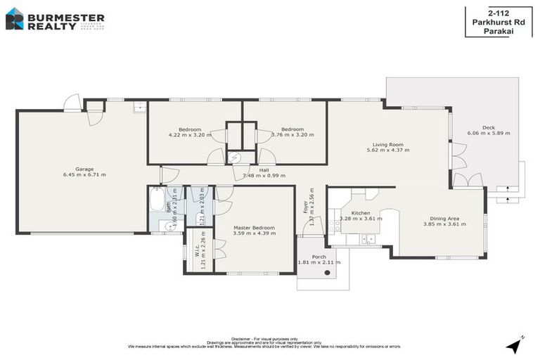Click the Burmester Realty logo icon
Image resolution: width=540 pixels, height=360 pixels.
click(x=14, y=19)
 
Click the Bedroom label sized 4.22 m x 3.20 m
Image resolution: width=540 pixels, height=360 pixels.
click(x=190, y=129)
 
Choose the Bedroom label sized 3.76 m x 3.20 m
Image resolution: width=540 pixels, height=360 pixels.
click(x=292, y=129)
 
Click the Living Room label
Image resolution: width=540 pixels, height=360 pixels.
click(x=387, y=145)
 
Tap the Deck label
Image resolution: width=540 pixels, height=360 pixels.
click(x=488, y=127)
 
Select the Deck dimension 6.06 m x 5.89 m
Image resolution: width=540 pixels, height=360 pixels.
click(x=488, y=133)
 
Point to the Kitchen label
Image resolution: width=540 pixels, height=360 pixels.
click(x=361, y=212)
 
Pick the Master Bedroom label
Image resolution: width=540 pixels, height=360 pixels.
click(x=255, y=228)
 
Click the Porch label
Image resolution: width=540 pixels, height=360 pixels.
click(x=319, y=257)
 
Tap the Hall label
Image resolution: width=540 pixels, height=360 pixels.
click(x=264, y=169)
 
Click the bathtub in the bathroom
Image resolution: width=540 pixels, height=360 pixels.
click(x=157, y=200)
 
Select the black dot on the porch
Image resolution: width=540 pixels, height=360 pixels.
click(x=327, y=272)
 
